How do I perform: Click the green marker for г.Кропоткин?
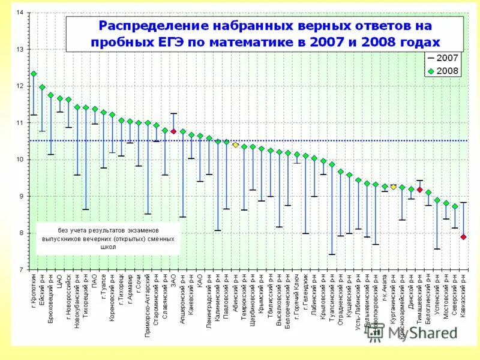pos(34,74)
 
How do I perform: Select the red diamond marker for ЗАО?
pos(173,131)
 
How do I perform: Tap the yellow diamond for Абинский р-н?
pos(236,145)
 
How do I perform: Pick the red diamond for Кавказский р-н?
pos(464,237)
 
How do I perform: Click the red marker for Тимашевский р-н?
pos(420,190)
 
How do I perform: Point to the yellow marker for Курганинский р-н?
pos(394,187)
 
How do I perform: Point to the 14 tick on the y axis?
pos(20,13)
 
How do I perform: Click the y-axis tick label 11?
pos(20,123)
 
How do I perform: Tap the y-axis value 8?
pos(21,233)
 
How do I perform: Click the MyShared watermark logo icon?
pos(376,334)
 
